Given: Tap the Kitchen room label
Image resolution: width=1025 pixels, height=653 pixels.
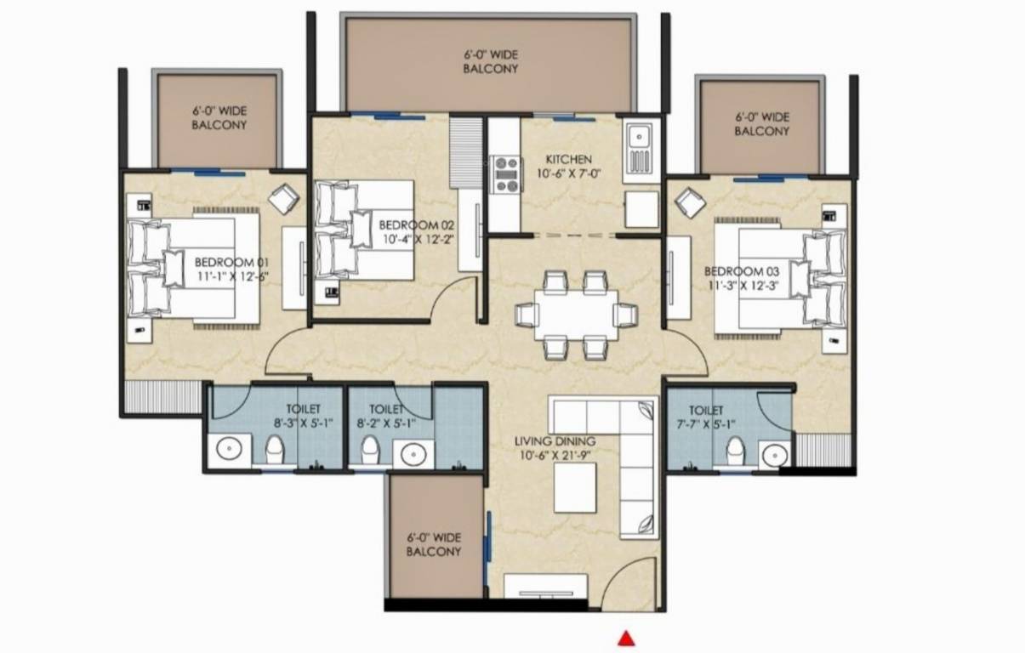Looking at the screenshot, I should point(569,160).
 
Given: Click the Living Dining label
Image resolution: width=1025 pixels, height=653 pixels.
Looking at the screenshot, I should point(555,441).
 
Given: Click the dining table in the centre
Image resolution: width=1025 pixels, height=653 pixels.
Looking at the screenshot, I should point(576,315).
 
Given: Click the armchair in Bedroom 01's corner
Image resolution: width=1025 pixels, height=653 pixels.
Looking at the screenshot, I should point(283,201).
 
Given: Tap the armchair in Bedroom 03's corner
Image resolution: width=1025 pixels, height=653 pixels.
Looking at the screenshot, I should point(689,204).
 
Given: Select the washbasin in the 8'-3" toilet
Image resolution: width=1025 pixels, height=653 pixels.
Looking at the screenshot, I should point(231,449).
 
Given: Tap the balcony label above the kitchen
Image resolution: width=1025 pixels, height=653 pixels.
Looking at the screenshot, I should point(490,61).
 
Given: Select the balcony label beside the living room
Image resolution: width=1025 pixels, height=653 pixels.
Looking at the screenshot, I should point(433,544).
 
